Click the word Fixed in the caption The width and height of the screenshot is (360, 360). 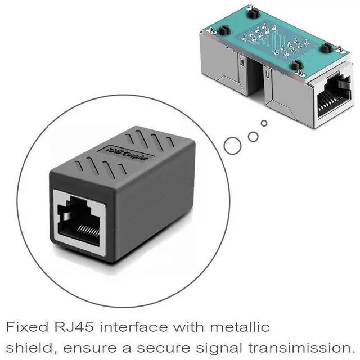coord(26,327)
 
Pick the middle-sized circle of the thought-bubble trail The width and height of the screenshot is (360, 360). coord(253,136)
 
